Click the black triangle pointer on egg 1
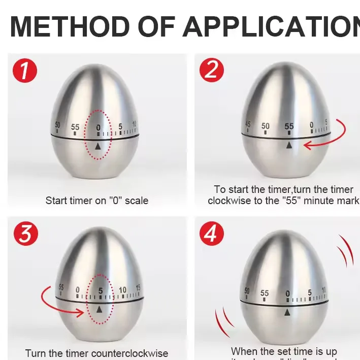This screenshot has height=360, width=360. tap(98, 146)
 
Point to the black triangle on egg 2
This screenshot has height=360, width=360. tap(289, 145)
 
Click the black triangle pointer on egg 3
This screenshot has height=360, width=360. tap(99, 309)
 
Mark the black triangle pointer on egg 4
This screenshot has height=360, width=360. tap(287, 312)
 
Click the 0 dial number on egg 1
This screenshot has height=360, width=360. tap(98, 127)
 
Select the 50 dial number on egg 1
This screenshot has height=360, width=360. tap(57, 125)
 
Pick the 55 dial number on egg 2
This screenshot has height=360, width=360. tap(289, 126)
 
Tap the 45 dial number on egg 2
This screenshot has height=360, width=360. tap(248, 124)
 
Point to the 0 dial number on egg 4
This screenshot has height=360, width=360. tap(287, 293)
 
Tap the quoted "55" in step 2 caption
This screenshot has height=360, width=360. tap(301, 201)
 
